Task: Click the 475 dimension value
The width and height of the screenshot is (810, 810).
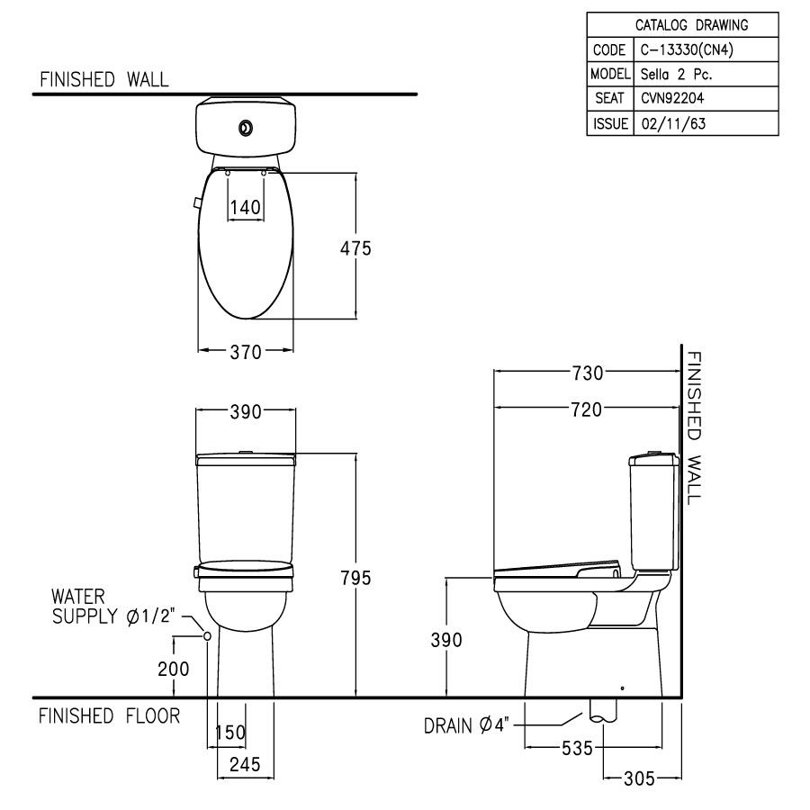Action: tap(355, 248)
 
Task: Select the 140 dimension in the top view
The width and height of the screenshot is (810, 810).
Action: tap(245, 208)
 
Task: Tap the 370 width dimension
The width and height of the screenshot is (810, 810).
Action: tap(245, 353)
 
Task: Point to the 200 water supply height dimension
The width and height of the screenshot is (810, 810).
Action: tap(174, 669)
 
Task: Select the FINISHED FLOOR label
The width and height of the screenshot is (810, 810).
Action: tap(109, 716)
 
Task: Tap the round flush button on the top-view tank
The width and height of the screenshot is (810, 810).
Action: tap(245, 129)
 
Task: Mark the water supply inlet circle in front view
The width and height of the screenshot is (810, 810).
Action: tap(208, 635)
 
